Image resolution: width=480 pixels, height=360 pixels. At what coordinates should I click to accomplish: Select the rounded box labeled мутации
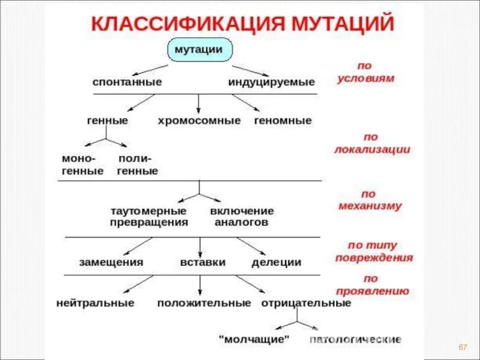[198, 49]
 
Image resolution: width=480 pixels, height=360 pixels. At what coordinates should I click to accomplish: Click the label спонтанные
[127, 82]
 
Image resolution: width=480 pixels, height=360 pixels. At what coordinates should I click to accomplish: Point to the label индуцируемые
[271, 82]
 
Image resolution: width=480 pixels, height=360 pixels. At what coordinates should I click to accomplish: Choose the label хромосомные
[199, 121]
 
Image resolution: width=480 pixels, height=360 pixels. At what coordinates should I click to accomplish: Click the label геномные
[283, 121]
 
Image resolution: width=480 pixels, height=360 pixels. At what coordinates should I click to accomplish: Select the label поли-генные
[137, 165]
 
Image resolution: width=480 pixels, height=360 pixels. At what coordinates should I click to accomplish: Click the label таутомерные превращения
[149, 217]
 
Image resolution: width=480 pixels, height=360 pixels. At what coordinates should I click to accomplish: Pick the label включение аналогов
[242, 217]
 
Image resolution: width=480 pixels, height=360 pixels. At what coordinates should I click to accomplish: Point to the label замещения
[111, 262]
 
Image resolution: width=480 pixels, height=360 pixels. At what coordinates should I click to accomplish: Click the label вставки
[203, 262]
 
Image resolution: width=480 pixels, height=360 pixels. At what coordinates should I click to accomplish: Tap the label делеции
[276, 262]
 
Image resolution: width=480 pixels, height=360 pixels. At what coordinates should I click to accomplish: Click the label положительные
[204, 303]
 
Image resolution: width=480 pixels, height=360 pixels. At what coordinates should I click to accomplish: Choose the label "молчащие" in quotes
[254, 340]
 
